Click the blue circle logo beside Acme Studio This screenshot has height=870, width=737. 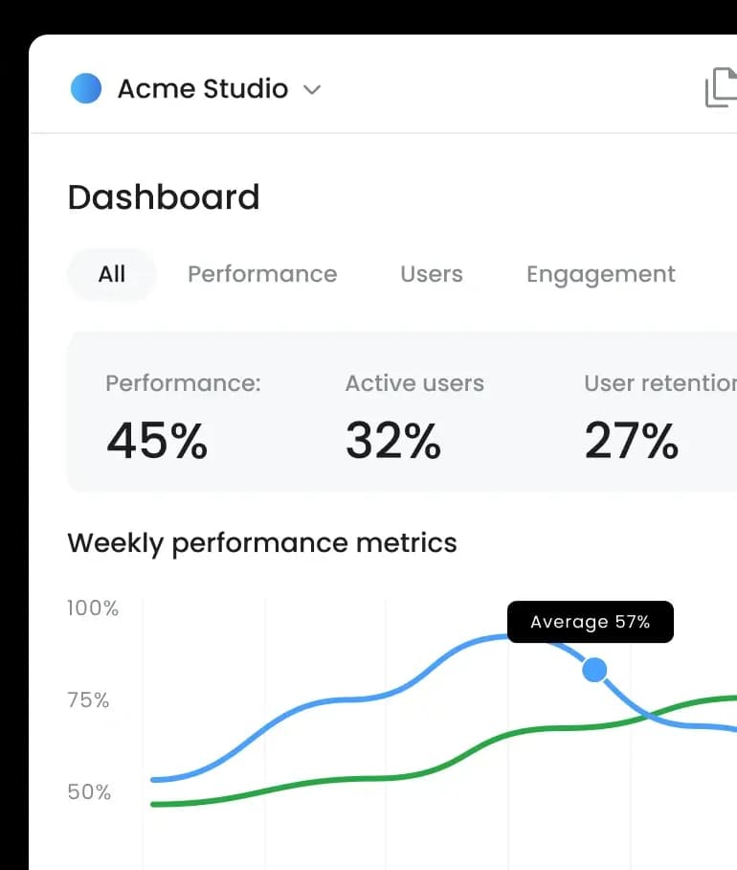[86, 88]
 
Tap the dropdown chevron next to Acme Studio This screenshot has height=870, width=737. [311, 90]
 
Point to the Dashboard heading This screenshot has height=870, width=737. [164, 197]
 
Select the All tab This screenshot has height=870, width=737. [112, 274]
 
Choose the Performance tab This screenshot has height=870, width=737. [262, 274]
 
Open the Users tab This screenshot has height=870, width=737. [432, 274]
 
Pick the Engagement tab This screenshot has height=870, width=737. [601, 274]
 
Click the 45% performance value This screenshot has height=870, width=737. [157, 441]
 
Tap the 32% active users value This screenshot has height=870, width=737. [393, 441]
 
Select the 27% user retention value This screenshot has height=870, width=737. [632, 441]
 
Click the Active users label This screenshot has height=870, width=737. [414, 383]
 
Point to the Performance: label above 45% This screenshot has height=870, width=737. [183, 383]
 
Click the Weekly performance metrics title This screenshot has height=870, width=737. [262, 543]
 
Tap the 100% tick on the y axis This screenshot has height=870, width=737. [93, 607]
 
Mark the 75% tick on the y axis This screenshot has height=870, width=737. [89, 700]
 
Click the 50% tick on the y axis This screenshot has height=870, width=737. [89, 792]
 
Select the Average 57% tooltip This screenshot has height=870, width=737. [591, 622]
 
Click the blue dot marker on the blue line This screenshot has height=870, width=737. [594, 670]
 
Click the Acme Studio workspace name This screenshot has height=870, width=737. [203, 89]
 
